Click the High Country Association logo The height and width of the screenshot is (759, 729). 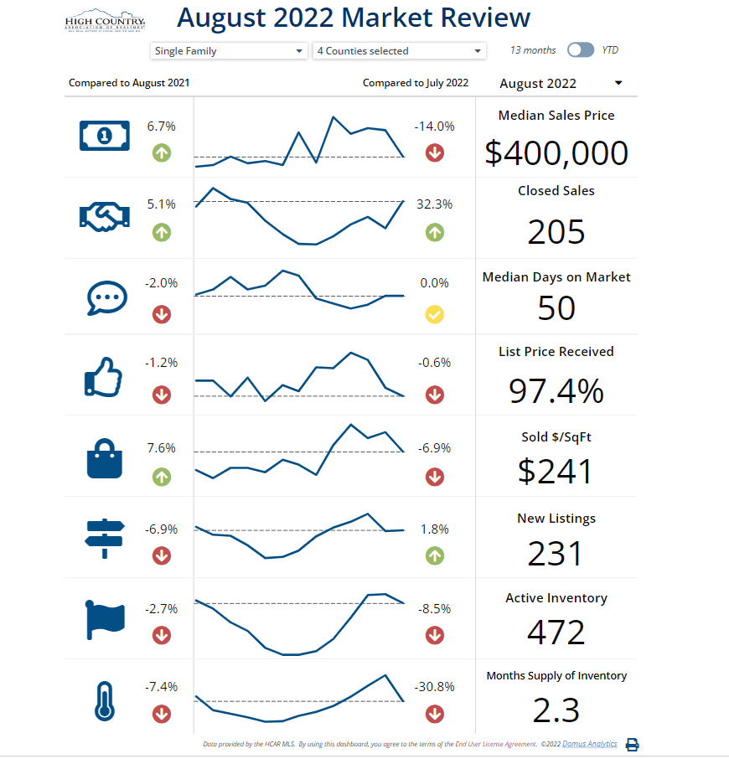pyautogui.click(x=105, y=21)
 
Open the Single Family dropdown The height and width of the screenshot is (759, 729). pyautogui.click(x=229, y=51)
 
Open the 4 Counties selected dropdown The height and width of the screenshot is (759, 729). pyautogui.click(x=399, y=51)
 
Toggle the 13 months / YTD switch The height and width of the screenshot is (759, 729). pyautogui.click(x=580, y=50)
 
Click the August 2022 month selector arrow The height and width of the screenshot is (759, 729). pyautogui.click(x=618, y=83)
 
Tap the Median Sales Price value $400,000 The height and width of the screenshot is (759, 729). pyautogui.click(x=556, y=153)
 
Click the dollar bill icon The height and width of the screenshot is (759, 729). pyautogui.click(x=105, y=135)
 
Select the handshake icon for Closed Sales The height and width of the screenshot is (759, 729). pyautogui.click(x=105, y=217)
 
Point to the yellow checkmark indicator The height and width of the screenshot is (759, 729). pyautogui.click(x=434, y=315)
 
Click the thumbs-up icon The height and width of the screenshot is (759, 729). pyautogui.click(x=104, y=377)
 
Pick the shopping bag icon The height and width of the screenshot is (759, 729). pyautogui.click(x=105, y=459)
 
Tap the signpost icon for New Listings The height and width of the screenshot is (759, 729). pyautogui.click(x=105, y=539)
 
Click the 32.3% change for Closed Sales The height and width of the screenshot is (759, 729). pyautogui.click(x=434, y=204)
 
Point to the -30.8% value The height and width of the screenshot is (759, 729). pyautogui.click(x=434, y=687)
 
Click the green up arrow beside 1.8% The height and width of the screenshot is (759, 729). pyautogui.click(x=434, y=555)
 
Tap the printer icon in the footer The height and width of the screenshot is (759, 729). pyautogui.click(x=633, y=745)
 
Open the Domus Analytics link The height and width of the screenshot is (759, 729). pyautogui.click(x=590, y=744)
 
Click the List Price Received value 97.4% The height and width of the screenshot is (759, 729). pyautogui.click(x=556, y=391)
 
